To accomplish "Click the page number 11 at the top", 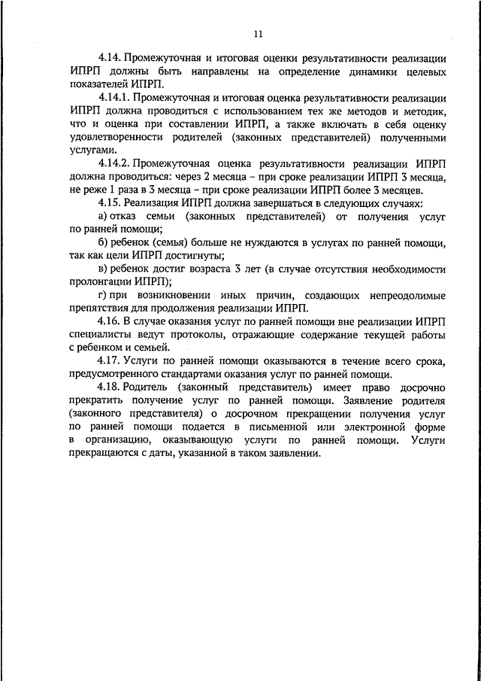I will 258,33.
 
